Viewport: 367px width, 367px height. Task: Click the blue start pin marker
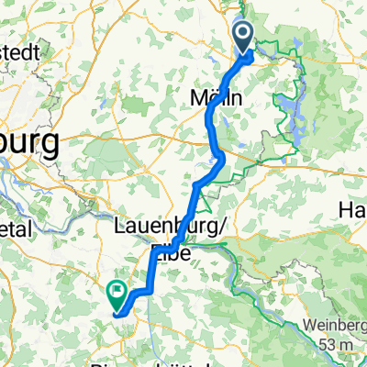[x=244, y=39]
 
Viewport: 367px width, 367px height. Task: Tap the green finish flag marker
[x=117, y=294]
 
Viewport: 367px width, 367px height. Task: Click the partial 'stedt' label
[x=20, y=52]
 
